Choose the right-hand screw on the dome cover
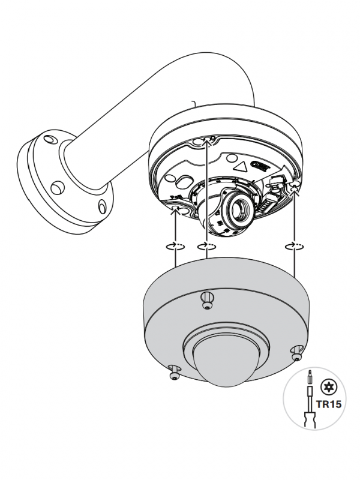(296, 354)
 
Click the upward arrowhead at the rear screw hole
(207, 141)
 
